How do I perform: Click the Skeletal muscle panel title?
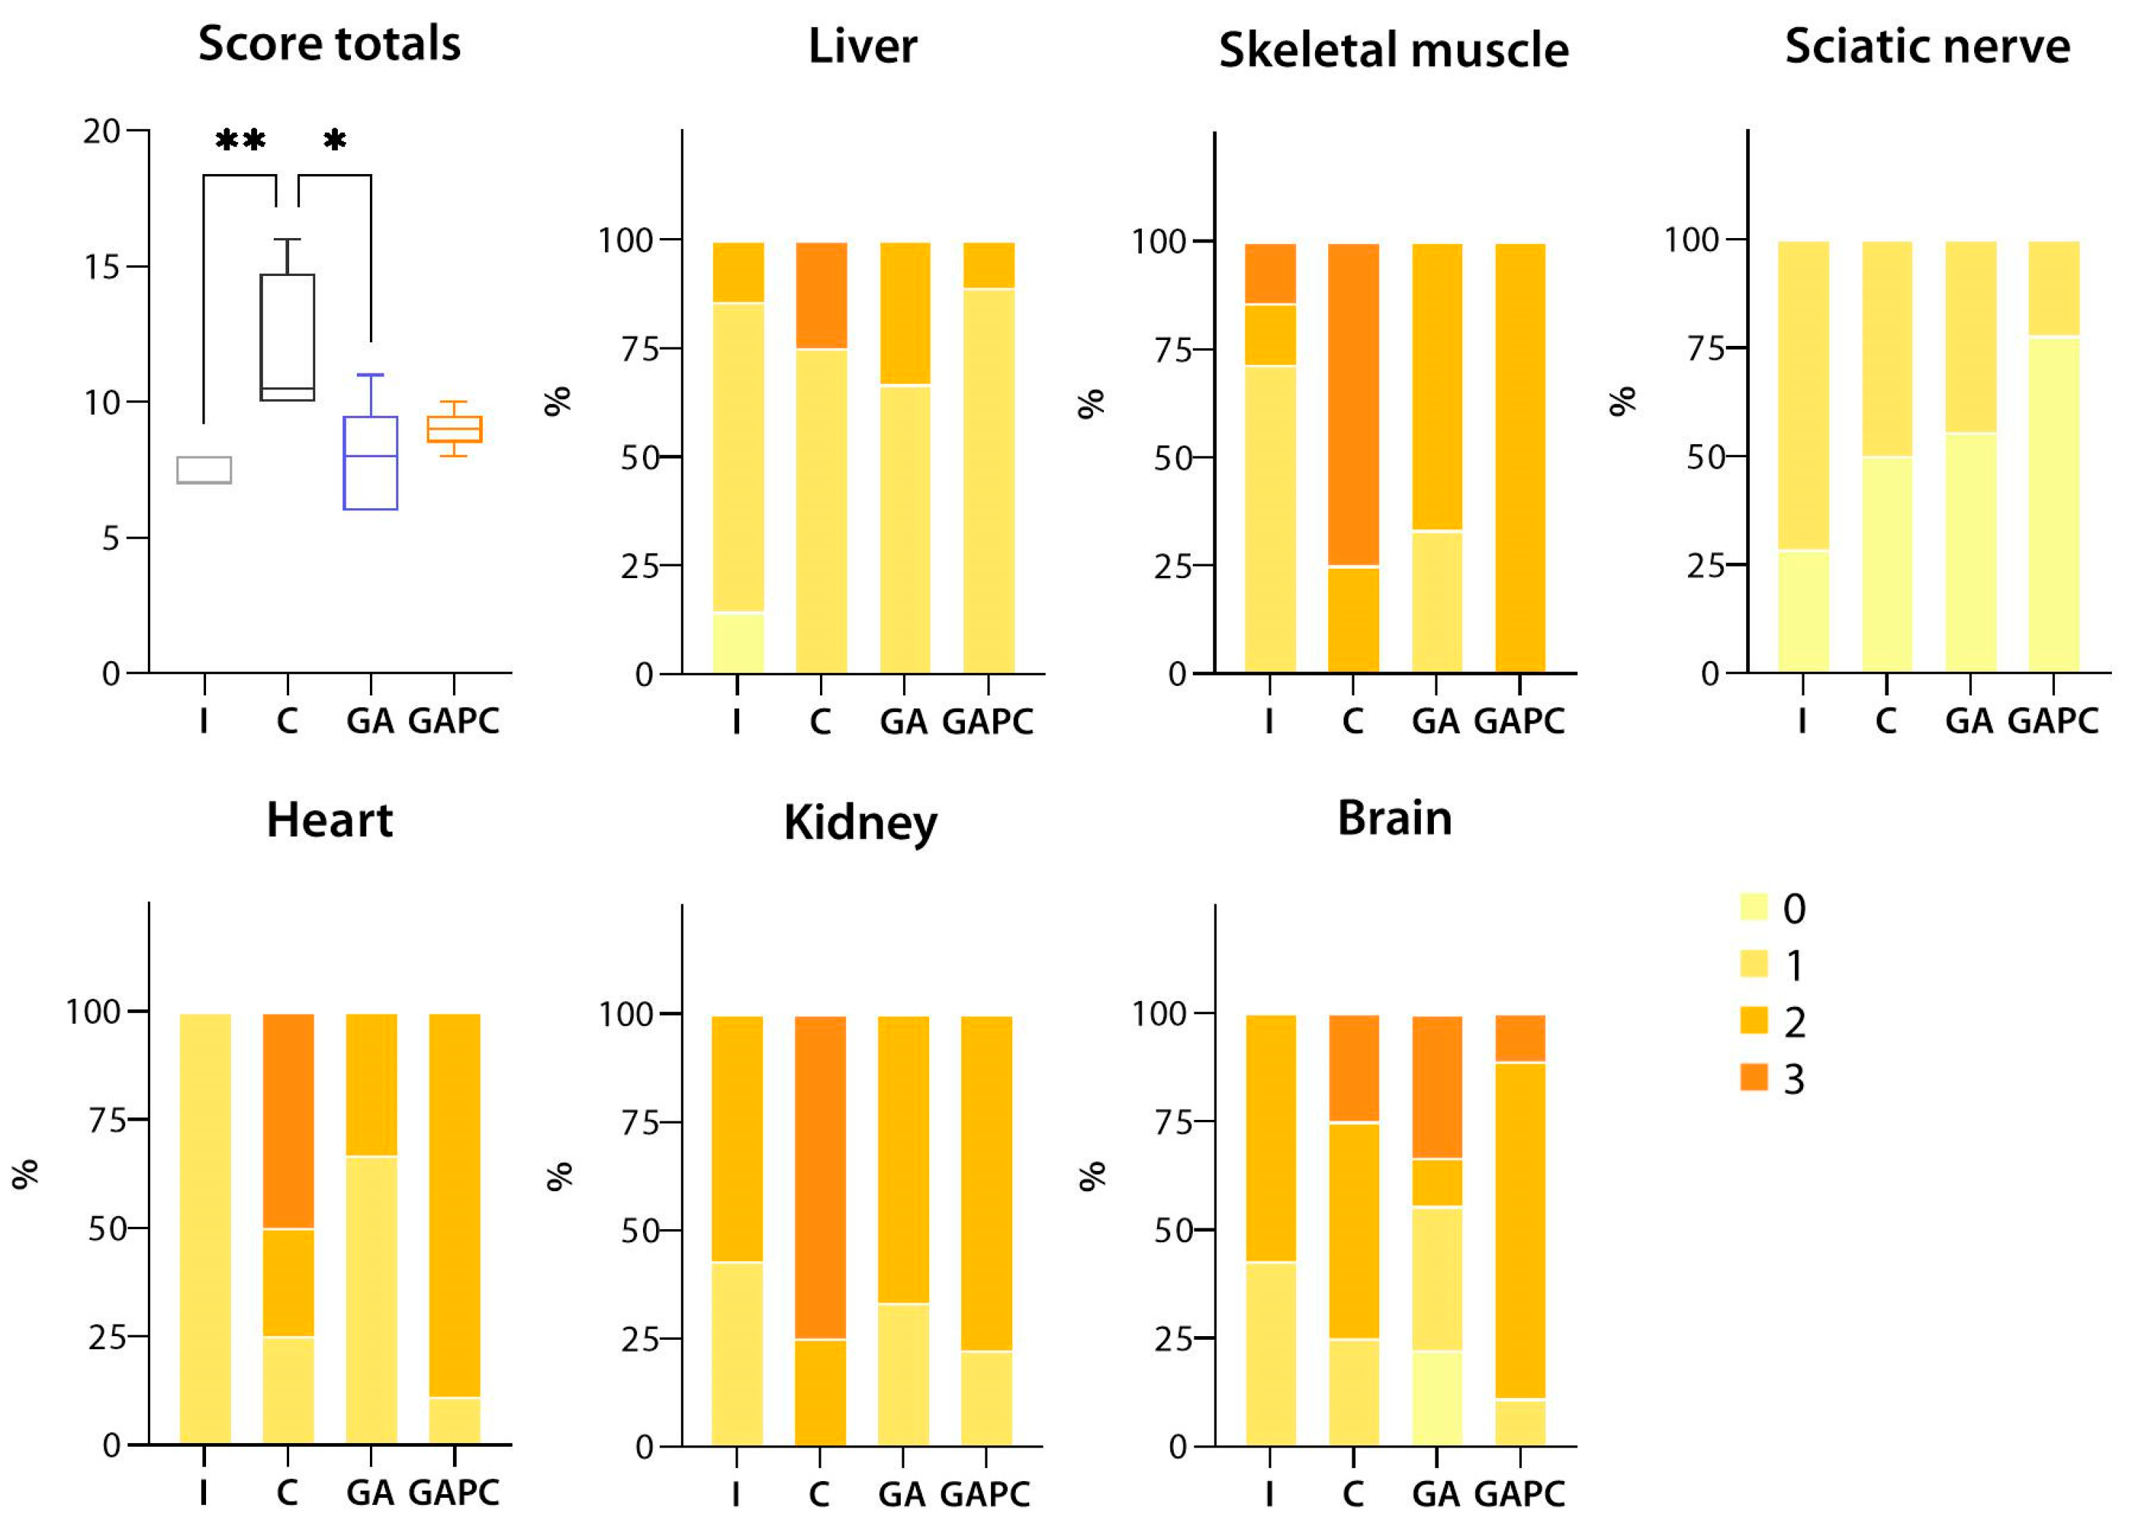pos(1393,50)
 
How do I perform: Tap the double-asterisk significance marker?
pos(240,141)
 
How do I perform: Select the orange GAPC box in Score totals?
pos(454,430)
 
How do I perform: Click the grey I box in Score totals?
pos(204,470)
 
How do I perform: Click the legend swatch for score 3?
pos(1753,1078)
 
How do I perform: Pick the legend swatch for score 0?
pos(1753,907)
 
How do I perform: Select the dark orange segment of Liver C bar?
pos(821,295)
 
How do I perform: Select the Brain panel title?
pos(1394,818)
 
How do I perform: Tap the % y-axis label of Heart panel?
pos(25,1174)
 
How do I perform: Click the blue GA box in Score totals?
pos(370,463)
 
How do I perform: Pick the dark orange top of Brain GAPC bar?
pos(1520,1038)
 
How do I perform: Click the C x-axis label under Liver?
pos(820,722)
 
